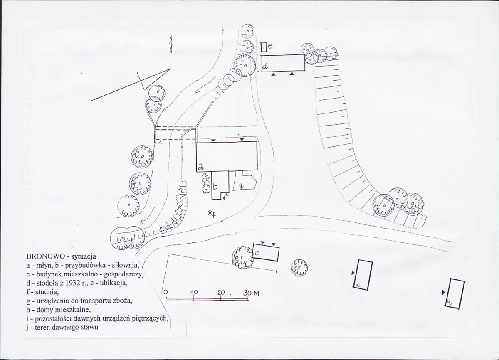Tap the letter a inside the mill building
pos(200,167)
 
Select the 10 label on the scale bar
pos(193,292)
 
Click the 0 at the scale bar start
pos(166,292)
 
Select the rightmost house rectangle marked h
pos(454,294)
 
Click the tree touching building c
pos(242,257)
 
